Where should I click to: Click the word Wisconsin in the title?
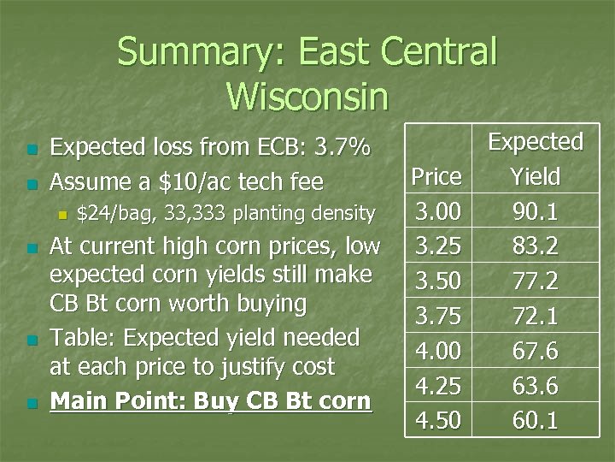307,95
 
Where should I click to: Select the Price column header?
436,177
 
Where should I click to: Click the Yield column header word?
536,177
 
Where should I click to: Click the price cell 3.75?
436,317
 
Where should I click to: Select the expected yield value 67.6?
536,352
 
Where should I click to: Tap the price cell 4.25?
436,387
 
